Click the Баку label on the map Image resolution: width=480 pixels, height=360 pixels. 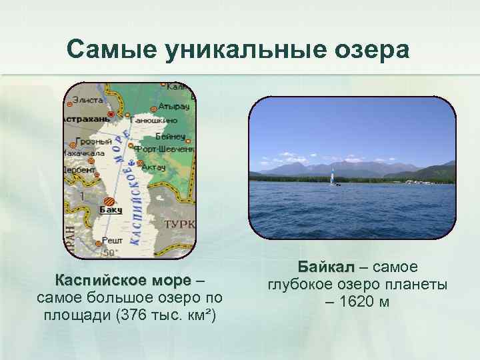click(111, 210)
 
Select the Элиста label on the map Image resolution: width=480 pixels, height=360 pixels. click(88, 100)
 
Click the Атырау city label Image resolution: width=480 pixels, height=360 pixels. click(175, 106)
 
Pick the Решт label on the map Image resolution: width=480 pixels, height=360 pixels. click(112, 240)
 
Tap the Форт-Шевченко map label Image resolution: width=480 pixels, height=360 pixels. click(164, 149)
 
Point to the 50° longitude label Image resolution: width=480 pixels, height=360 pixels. click(110, 253)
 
